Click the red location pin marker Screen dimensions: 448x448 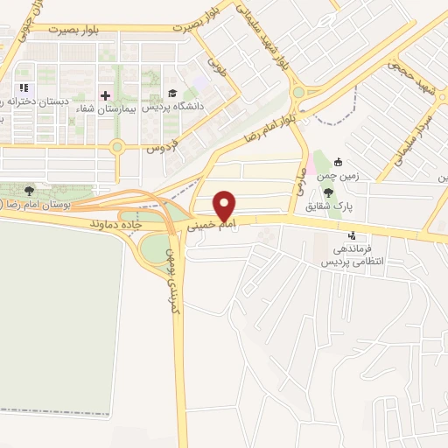pos(225,206)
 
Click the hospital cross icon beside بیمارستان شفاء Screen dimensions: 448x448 pos(107,94)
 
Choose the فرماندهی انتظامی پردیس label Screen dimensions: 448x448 pos(351,255)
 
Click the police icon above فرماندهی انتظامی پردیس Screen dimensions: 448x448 pos(352,235)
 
